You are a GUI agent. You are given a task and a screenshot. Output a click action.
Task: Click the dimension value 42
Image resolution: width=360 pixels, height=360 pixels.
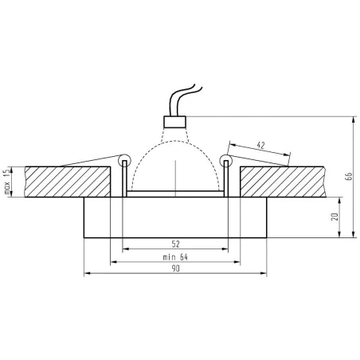point(260,146)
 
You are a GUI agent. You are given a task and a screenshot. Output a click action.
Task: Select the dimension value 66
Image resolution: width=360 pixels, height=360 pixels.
point(347,177)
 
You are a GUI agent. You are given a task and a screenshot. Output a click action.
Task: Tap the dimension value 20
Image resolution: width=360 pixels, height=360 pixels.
point(335,217)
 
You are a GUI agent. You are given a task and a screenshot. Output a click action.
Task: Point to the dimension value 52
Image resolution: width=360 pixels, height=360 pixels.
point(174,243)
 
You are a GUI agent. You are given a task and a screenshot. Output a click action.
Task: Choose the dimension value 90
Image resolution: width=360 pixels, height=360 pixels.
point(174,269)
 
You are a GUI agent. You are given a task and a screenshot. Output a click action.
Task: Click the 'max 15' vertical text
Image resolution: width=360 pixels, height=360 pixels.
point(7,182)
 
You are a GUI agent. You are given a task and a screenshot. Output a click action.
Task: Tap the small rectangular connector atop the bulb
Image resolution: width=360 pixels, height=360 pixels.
point(174,121)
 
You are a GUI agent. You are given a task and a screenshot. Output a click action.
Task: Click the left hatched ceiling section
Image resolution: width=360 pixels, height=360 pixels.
point(68,182)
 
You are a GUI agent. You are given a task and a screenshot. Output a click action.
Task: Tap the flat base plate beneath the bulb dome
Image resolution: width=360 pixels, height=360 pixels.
point(174,194)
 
